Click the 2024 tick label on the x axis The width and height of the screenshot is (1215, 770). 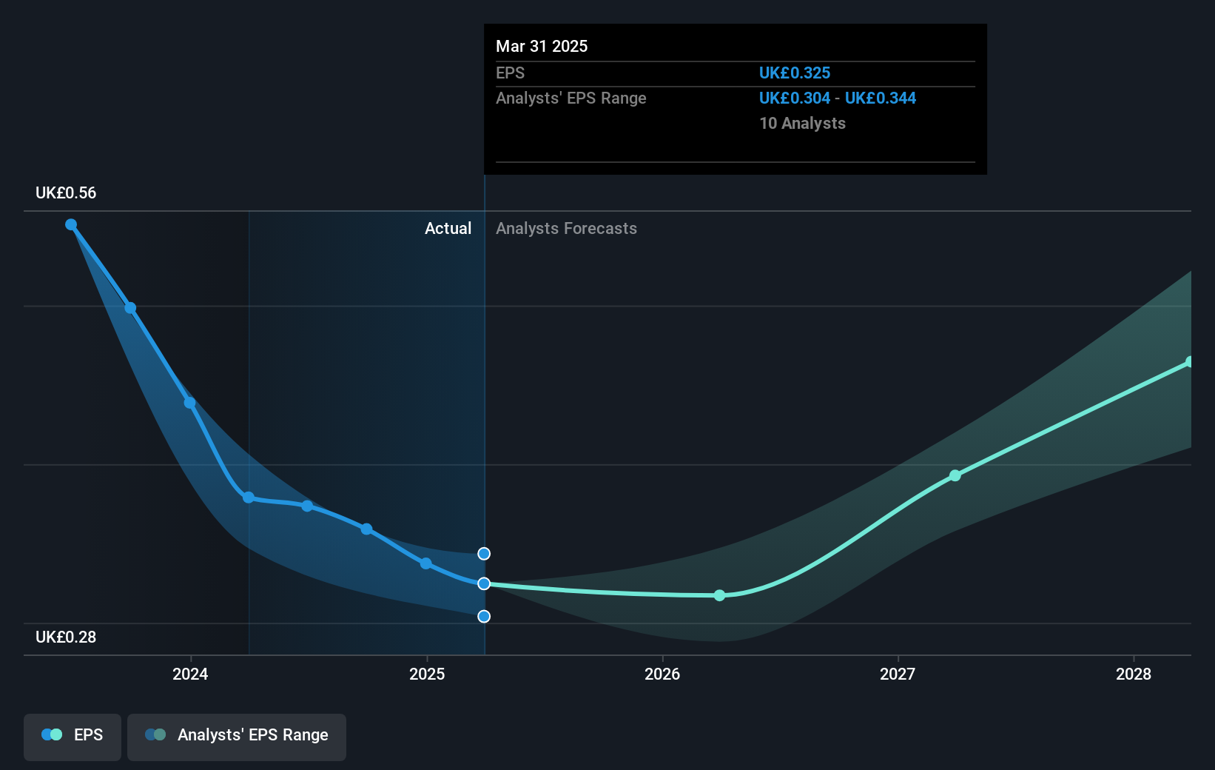[190, 674]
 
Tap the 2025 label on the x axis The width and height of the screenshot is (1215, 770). [427, 674]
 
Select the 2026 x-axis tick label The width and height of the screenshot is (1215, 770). [662, 674]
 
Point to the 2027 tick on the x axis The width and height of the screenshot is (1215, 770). [898, 674]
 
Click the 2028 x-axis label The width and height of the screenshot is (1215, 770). [1133, 674]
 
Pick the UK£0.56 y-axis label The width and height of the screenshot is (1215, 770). [66, 193]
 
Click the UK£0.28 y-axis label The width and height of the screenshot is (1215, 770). [66, 637]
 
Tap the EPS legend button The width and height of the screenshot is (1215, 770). [73, 735]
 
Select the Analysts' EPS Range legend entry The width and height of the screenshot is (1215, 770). [237, 735]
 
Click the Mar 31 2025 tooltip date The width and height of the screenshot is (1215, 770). [542, 47]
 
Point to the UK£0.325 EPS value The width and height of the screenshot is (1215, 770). [795, 73]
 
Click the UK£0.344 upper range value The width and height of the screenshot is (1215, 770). [881, 98]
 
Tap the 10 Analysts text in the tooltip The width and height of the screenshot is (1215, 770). [802, 124]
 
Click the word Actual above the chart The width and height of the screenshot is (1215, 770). [448, 229]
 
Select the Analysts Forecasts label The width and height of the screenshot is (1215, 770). [566, 229]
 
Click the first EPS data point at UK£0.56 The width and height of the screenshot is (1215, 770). [71, 224]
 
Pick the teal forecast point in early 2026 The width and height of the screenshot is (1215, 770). [720, 595]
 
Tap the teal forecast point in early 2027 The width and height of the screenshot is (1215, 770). [955, 475]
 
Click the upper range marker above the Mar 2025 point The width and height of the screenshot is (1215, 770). [484, 554]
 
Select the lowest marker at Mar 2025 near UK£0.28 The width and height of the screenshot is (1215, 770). [484, 616]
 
